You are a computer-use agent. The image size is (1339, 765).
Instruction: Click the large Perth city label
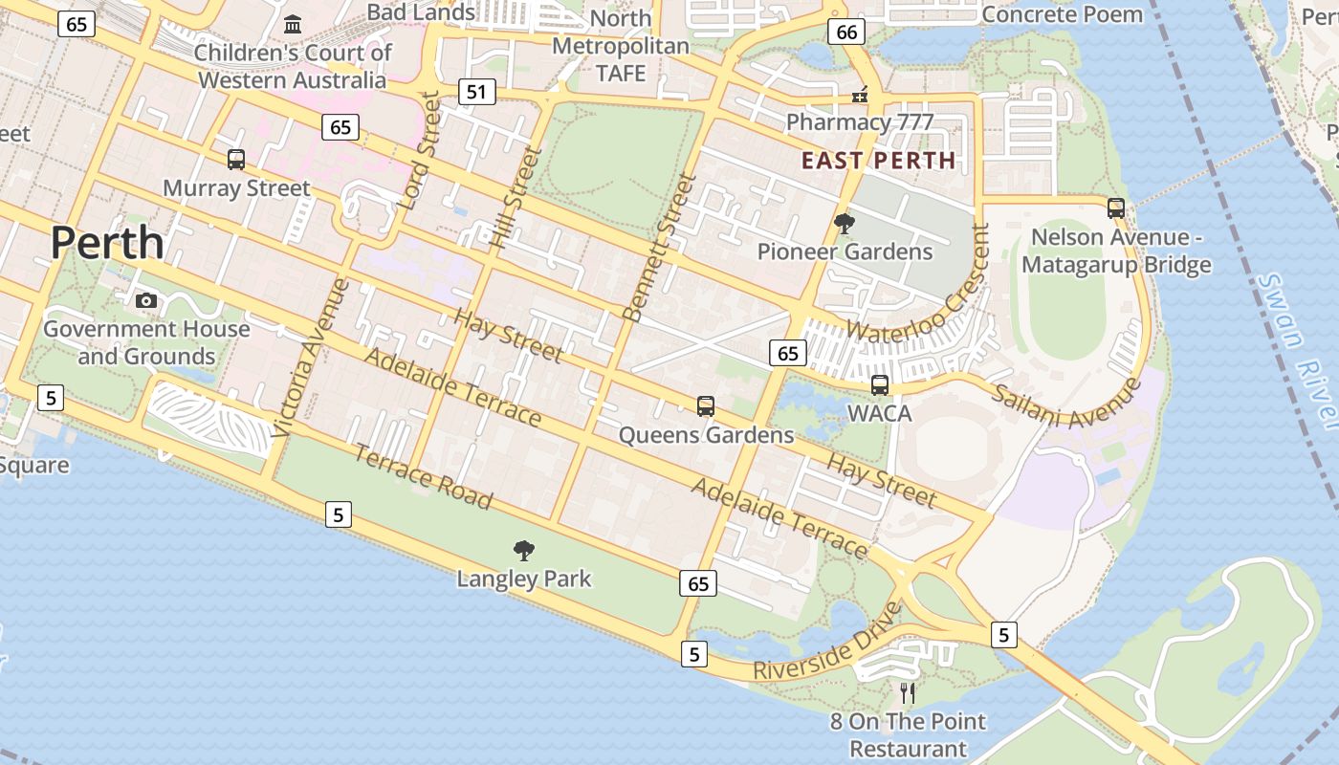(107, 243)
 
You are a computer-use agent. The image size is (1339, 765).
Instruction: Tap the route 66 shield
(846, 32)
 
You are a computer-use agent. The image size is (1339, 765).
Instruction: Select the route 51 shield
(476, 92)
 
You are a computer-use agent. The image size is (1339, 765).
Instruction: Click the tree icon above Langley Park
(523, 550)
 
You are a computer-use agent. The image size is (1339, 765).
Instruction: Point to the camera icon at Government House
(146, 300)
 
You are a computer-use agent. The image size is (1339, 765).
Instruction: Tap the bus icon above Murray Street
(235, 160)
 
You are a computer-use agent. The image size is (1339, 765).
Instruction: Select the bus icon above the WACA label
(879, 385)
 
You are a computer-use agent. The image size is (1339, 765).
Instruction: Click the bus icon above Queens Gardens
(706, 406)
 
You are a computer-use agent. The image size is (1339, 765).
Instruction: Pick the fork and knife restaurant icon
(908, 692)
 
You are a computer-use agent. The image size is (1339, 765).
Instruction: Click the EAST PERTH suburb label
(878, 161)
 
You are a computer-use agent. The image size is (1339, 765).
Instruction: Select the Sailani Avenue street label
(1066, 403)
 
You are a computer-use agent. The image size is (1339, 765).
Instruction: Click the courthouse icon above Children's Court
(293, 23)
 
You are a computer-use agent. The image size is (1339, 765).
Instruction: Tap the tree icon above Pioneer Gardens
(844, 224)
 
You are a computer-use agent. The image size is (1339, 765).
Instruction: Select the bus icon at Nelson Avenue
(1115, 208)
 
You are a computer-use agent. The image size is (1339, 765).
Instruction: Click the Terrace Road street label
(423, 476)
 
